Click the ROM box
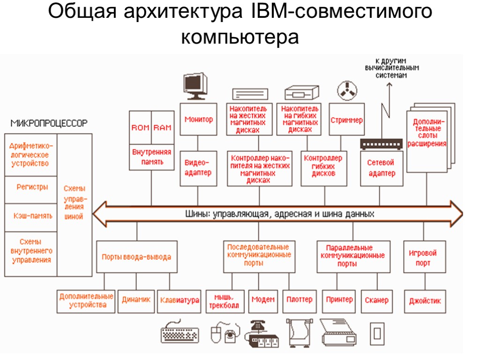pos(140,127)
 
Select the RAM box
pos(163,127)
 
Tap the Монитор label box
pos(199,120)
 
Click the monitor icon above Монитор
pos(195,86)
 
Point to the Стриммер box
pos(346,120)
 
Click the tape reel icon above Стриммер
pos(347,90)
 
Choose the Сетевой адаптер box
pos(382,168)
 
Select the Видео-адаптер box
pos(199,168)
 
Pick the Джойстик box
pos(425,301)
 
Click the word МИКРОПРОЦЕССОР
pos(49,123)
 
